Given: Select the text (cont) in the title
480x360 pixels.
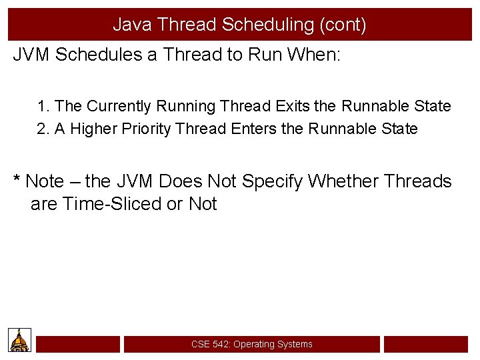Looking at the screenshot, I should [x=343, y=25].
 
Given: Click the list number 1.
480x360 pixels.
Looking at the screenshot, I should [x=43, y=106].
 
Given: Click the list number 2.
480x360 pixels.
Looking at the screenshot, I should [x=43, y=129].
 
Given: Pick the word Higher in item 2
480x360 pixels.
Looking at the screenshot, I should [x=92, y=129].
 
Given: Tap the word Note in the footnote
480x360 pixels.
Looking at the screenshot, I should [x=45, y=181].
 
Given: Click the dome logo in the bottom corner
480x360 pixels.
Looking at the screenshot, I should [x=20, y=341].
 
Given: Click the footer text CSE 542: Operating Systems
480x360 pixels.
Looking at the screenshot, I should [x=251, y=345].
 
